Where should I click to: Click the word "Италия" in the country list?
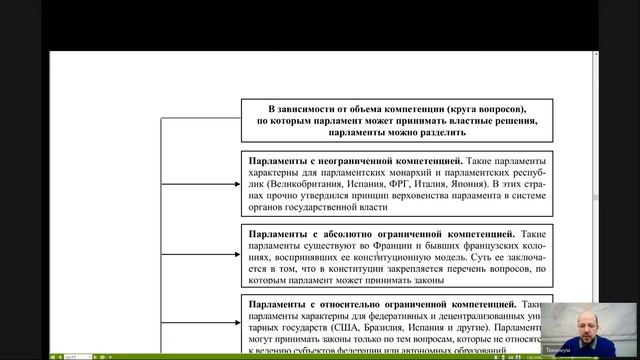click(x=432, y=185)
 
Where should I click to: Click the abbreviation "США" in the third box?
click(x=340, y=328)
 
